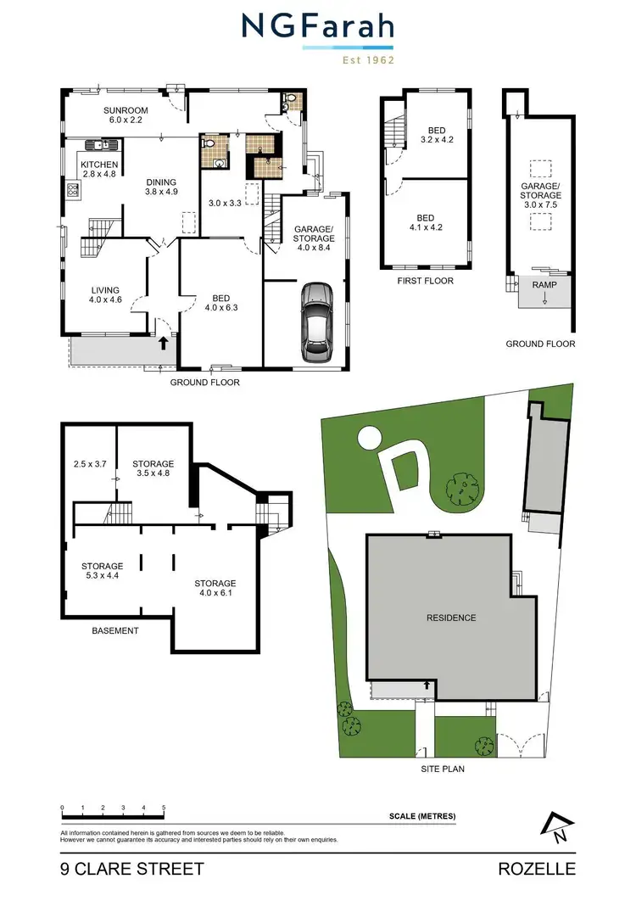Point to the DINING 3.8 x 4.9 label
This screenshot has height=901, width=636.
[161, 187]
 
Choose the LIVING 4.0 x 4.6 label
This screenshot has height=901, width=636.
[106, 294]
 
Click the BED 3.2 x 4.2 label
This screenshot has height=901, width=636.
[438, 135]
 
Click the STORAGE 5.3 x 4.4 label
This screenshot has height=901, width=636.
[103, 571]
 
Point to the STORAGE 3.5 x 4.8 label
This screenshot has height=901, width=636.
[153, 469]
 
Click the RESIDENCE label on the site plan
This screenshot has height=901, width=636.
[451, 618]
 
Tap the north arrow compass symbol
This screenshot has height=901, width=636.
[556, 828]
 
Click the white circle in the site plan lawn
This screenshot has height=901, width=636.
[370, 438]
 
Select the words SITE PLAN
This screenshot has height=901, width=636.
[443, 769]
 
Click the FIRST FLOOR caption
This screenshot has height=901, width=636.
[425, 281]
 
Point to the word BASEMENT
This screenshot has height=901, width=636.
[114, 631]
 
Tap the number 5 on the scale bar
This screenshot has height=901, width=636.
[164, 808]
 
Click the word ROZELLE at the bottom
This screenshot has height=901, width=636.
[538, 869]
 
